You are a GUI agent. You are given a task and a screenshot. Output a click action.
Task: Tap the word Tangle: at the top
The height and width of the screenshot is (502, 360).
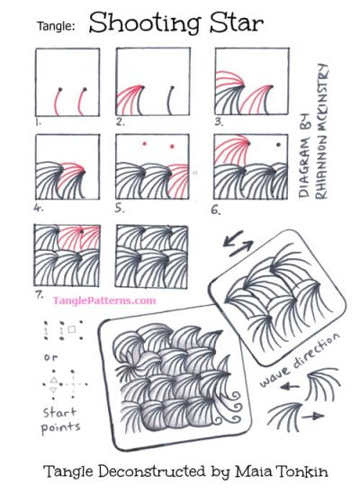[55, 27]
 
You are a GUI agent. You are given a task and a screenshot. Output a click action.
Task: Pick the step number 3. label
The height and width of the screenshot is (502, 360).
[218, 119]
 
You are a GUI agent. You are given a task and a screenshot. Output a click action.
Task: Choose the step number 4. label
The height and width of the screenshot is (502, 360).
[38, 207]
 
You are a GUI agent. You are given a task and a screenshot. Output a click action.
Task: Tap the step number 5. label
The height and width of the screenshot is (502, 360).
[121, 207]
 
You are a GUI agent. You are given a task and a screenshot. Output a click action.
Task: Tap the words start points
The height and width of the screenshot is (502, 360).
[60, 418]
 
